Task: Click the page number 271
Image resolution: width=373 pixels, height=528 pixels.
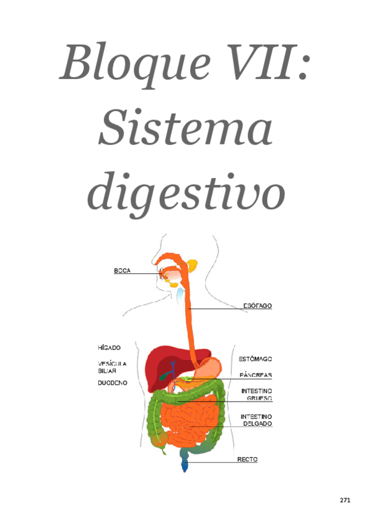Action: (346, 500)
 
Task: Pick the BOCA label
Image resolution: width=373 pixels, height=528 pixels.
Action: (122, 271)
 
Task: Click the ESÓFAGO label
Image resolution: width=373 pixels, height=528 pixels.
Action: (257, 306)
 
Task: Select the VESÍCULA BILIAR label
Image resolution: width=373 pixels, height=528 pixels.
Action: (111, 367)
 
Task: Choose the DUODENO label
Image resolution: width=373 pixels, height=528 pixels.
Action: (112, 383)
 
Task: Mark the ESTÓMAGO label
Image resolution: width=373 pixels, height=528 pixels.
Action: (256, 359)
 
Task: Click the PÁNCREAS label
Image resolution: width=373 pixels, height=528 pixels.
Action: (256, 375)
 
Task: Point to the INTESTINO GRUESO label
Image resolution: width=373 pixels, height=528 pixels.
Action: (256, 395)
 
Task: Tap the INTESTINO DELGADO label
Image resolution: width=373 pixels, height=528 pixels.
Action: (256, 420)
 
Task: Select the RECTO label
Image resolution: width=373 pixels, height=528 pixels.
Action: (247, 460)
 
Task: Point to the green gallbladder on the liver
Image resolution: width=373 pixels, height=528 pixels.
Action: (163, 375)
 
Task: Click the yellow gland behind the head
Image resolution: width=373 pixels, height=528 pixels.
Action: (192, 265)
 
